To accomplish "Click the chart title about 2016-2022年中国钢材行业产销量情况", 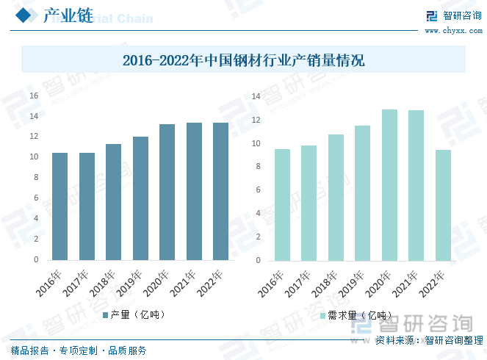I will tap(243, 60).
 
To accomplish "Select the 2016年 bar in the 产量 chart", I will tap(60, 206).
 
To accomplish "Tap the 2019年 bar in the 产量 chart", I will tap(140, 198).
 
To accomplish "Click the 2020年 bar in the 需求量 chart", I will tap(389, 185).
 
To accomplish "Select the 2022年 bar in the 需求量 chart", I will tap(443, 205).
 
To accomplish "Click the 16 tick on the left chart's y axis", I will tap(34, 96).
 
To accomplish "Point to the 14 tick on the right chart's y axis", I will tap(256, 96).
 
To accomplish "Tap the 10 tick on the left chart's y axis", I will tap(34, 157).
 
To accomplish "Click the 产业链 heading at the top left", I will tap(68, 16).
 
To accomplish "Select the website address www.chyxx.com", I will tap(454, 30).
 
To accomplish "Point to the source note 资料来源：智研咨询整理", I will tap(429, 340).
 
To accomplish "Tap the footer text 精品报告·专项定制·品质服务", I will tap(79, 350).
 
